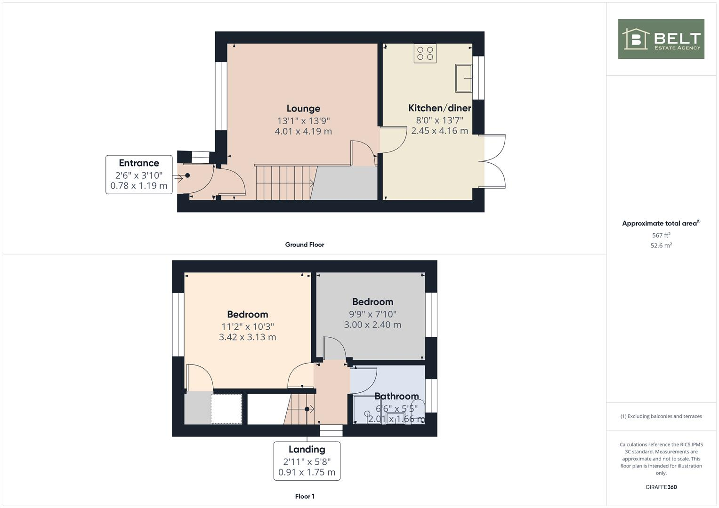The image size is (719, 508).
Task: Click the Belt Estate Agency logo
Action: tap(661, 39)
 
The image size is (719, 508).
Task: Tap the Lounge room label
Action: tap(303, 109)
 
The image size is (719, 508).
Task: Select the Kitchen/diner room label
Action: tap(439, 108)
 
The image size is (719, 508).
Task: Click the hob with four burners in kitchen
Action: tap(425, 53)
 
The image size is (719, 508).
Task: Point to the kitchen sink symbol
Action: tap(464, 78)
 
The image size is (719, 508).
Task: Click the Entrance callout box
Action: tap(139, 175)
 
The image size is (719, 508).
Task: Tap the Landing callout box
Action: tap(307, 461)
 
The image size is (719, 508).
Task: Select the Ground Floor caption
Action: tap(304, 245)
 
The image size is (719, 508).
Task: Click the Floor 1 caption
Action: tap(305, 496)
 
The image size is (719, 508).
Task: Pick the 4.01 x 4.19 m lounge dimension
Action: tap(303, 131)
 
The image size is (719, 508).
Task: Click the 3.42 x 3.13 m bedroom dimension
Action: tap(247, 337)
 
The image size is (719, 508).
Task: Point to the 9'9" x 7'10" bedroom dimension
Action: tap(372, 314)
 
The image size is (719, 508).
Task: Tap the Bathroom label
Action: tap(396, 396)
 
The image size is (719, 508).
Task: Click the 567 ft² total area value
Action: tap(661, 235)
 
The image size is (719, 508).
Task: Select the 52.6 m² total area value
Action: tap(661, 246)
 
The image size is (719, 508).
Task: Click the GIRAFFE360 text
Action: tap(661, 487)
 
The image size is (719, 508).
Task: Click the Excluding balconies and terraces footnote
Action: tap(661, 416)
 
